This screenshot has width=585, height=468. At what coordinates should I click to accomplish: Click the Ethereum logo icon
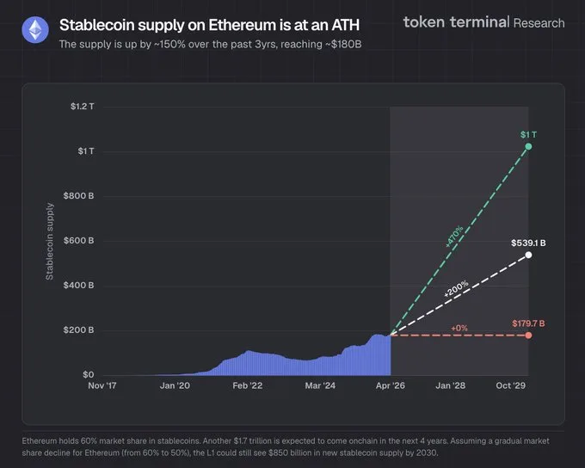(x=36, y=31)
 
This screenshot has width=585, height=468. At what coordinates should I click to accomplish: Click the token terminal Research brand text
(x=483, y=22)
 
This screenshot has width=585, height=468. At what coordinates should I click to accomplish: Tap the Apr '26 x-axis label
(x=390, y=386)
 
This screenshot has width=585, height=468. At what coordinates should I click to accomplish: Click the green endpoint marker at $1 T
(x=528, y=147)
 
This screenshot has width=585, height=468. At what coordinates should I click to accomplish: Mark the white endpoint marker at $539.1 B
(x=528, y=255)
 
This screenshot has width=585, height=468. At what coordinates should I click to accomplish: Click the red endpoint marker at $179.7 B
(x=528, y=335)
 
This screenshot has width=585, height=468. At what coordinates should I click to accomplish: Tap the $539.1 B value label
(x=528, y=243)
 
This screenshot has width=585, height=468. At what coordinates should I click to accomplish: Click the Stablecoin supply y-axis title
(x=50, y=241)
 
